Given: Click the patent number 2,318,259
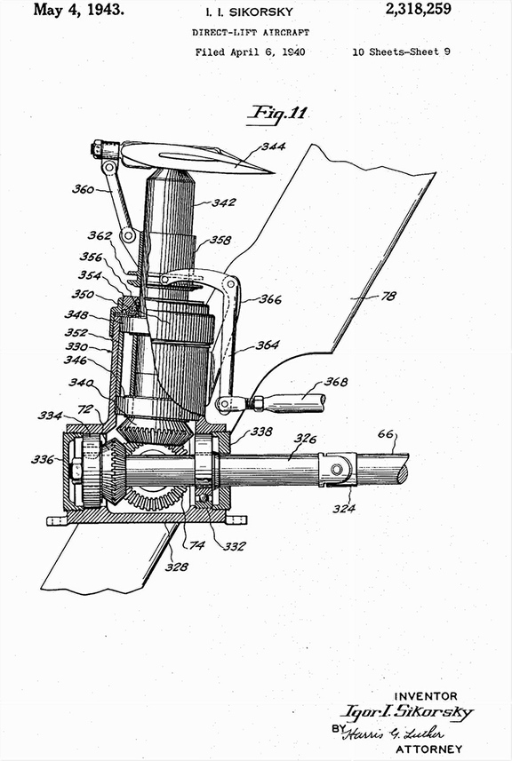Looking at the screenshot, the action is [x=419, y=9].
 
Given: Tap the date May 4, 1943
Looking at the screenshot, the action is [x=79, y=9].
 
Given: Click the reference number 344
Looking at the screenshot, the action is [x=274, y=147].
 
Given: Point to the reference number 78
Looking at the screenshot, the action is [x=388, y=296].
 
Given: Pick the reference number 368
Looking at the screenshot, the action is [x=336, y=382].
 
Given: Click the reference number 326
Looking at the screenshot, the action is [x=305, y=440].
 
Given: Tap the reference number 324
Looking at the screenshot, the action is [x=344, y=508].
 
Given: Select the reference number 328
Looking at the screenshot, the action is [x=176, y=567].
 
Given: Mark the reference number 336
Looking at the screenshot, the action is [x=43, y=458].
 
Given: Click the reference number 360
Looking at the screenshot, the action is [x=83, y=189].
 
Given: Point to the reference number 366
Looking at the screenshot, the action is [x=270, y=299].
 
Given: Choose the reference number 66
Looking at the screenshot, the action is [x=386, y=433].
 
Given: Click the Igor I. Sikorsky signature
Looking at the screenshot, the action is [x=406, y=712].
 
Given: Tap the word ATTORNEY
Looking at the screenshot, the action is [x=429, y=749].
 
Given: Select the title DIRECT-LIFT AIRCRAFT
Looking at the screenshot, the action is [x=250, y=33].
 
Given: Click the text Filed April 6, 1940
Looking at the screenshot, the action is [x=250, y=52].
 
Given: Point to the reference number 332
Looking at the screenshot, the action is [x=234, y=546].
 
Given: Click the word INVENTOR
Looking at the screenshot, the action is [x=426, y=696].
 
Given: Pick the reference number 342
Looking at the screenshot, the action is [x=223, y=202].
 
